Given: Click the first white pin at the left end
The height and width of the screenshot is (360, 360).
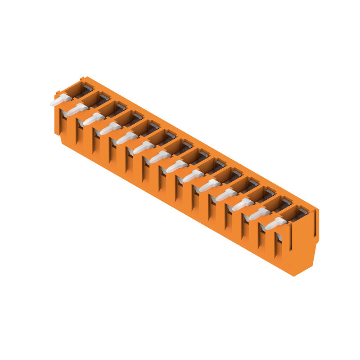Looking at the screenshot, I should pos(60,100).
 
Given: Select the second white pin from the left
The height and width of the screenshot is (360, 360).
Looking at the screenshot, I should pos(77,109).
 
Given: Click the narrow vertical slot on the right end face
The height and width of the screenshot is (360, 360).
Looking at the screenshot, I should pos(315,223).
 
